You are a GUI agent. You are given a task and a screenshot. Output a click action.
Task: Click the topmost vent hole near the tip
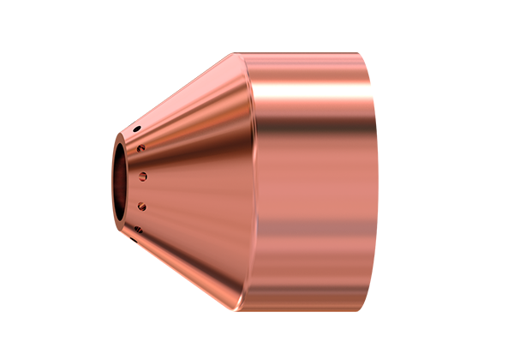(136, 129)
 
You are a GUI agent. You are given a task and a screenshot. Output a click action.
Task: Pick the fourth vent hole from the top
(142, 207)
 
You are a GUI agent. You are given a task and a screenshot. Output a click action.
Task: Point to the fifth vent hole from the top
(137, 227)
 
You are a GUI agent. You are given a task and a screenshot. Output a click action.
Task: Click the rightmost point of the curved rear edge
(378, 180)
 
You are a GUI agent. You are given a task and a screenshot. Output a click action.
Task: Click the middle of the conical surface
(188, 180)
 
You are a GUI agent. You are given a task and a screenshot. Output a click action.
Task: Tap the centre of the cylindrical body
(308, 180)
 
